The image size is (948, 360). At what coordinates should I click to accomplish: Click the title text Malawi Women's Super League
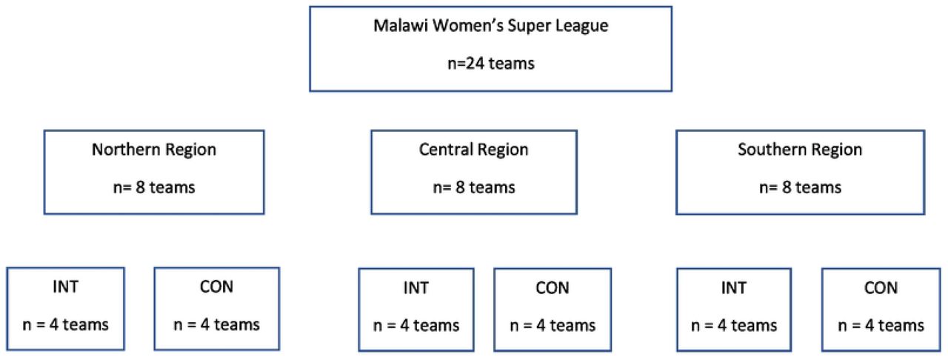coord(491,26)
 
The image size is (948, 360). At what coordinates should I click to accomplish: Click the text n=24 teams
coord(491,64)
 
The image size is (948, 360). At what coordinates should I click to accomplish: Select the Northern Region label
coord(154,150)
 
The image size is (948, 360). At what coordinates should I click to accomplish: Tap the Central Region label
coord(474,150)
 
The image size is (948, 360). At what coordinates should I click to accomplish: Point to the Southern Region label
coord(800,150)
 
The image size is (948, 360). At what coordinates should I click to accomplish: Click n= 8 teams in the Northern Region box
coord(154,187)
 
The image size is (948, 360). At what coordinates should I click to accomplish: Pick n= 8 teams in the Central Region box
coord(474,187)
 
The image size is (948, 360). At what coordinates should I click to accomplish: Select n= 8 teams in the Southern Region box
coord(801,187)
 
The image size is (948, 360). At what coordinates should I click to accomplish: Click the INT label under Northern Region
coord(66,287)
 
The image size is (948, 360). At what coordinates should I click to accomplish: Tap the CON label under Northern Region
coord(216,287)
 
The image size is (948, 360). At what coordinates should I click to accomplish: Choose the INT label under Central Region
coord(416,288)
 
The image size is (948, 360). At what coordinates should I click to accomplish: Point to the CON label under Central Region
coord(553,288)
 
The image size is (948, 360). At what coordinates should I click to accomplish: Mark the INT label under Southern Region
coord(734,288)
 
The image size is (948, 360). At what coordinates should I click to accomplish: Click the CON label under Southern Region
coord(881,288)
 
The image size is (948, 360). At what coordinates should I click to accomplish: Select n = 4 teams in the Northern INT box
coord(66,325)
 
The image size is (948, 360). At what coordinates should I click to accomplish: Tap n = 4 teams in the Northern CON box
coord(217,325)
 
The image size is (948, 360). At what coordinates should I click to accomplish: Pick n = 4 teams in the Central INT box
coord(416,326)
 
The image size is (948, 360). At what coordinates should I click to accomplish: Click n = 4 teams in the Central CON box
coord(553,326)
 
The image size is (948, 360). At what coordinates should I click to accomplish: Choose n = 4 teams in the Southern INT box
coord(734,326)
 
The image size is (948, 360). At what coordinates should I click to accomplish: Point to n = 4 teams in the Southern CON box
coord(881,326)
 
